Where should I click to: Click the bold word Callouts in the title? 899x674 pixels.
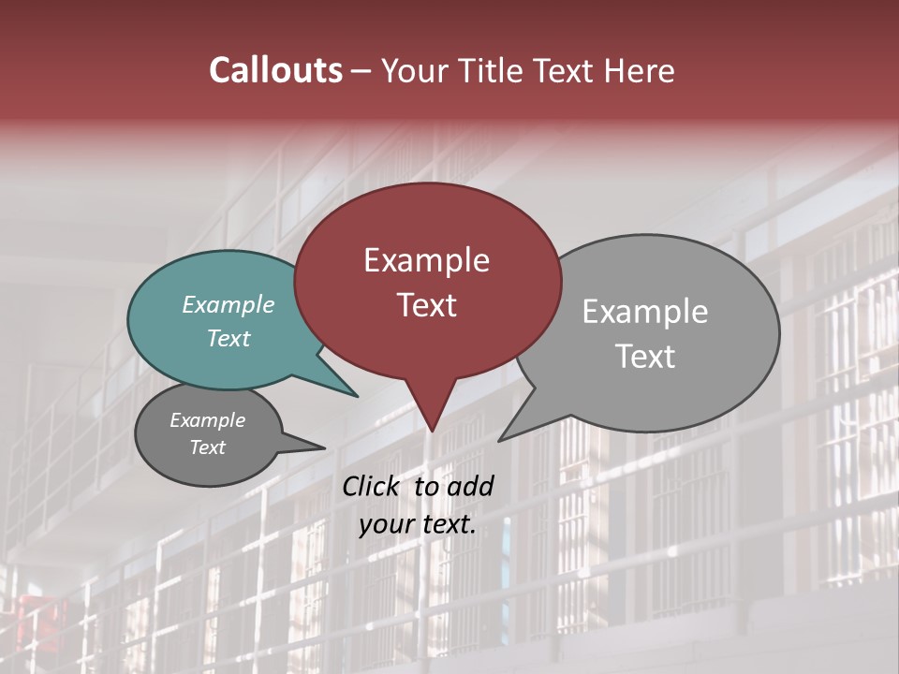pyautogui.click(x=275, y=70)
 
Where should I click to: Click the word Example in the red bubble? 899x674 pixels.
pyautogui.click(x=426, y=260)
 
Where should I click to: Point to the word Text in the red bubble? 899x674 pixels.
pyautogui.click(x=426, y=305)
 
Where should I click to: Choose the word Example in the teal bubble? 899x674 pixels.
pyautogui.click(x=228, y=304)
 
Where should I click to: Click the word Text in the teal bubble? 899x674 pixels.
pyautogui.click(x=228, y=338)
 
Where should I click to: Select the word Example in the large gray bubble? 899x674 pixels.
pyautogui.click(x=644, y=312)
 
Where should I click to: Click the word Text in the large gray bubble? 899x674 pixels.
pyautogui.click(x=644, y=357)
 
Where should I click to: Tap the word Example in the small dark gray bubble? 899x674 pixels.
pyautogui.click(x=207, y=420)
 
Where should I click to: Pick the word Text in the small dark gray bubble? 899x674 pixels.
pyautogui.click(x=207, y=447)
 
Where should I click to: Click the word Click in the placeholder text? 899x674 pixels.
pyautogui.click(x=371, y=486)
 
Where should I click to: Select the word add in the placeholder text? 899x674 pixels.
pyautogui.click(x=470, y=486)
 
